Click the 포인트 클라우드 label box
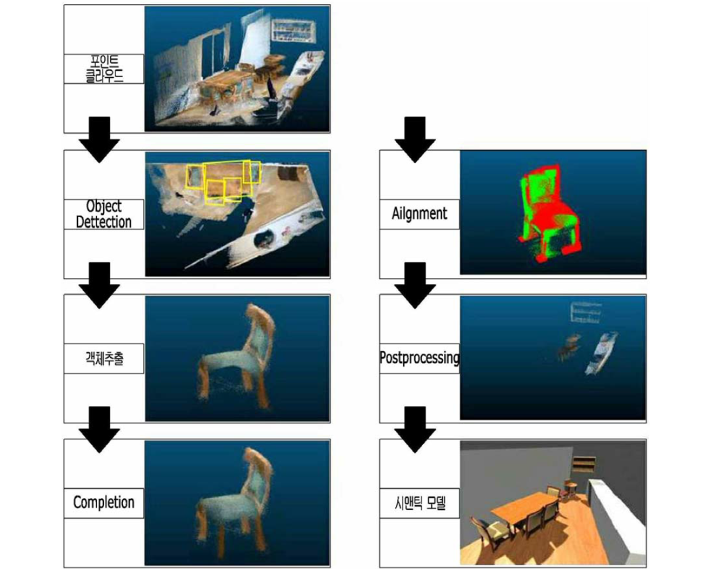click(104, 69)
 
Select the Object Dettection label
click(104, 214)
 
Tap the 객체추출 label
click(104, 359)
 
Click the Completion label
click(104, 503)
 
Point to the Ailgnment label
click(419, 214)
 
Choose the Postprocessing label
click(419, 358)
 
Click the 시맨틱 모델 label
click(419, 503)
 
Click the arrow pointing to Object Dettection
click(99, 139)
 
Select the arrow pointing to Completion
click(99, 430)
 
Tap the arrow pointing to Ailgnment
click(415, 139)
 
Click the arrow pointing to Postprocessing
click(415, 285)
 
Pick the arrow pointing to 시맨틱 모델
click(415, 430)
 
